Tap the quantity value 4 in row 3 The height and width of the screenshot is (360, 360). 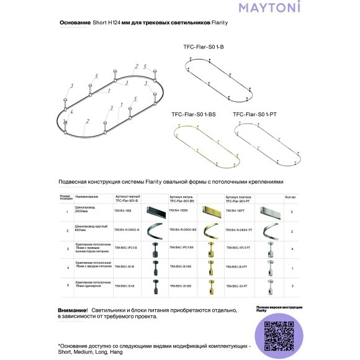[292, 248]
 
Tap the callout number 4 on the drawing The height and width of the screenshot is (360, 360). [72, 112]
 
